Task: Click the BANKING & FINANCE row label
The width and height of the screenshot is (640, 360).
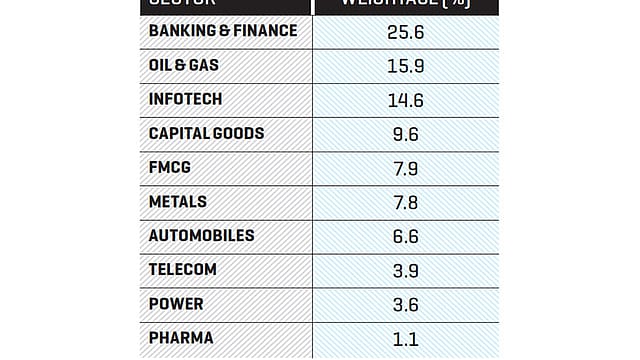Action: tap(222, 31)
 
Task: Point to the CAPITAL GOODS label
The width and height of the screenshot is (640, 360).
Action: tap(207, 133)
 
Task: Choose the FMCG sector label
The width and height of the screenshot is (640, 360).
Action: tap(169, 167)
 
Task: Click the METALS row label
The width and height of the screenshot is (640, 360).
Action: tap(178, 201)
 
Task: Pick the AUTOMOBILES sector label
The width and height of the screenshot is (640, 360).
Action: tap(201, 235)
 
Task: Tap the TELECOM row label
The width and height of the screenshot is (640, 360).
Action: tap(183, 270)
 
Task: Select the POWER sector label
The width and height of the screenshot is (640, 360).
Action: tap(176, 304)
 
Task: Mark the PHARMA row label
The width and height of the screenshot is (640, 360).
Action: tap(180, 338)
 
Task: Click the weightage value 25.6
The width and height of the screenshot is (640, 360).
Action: tap(406, 32)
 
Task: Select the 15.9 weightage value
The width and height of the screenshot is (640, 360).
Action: tap(406, 66)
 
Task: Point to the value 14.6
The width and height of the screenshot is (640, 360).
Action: tap(406, 100)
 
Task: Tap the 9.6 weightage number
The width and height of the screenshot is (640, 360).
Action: tap(406, 134)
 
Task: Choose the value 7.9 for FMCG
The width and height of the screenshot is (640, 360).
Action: tap(406, 168)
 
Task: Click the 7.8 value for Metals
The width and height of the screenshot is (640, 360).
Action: tap(406, 202)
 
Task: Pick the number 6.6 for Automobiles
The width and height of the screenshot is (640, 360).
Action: tap(406, 236)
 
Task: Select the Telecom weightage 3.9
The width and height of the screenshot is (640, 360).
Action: tap(406, 270)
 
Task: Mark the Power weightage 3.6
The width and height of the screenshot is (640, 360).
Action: tap(406, 304)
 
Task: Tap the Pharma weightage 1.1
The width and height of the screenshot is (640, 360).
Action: tap(406, 338)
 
